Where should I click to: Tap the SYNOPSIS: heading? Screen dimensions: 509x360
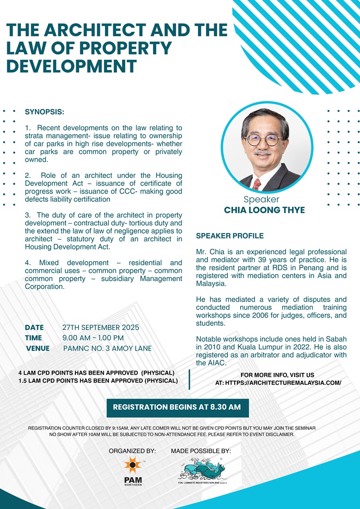click(44, 111)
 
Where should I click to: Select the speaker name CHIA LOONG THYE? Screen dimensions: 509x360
click(264, 210)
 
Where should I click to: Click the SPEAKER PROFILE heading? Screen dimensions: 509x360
click(230, 236)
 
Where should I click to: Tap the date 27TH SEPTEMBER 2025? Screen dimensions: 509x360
click(100, 327)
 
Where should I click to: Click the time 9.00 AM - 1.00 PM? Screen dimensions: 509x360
click(93, 338)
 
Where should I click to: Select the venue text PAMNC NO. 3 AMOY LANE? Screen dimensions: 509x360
click(107, 349)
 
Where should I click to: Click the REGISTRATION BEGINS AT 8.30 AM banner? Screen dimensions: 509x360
click(177, 407)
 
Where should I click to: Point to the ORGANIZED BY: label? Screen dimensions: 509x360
click(132, 451)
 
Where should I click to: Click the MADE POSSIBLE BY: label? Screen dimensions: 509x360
click(201, 451)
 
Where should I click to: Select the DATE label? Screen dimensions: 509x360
click(35, 327)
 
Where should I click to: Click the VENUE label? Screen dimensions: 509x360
click(38, 349)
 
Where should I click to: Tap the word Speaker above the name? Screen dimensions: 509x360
click(261, 200)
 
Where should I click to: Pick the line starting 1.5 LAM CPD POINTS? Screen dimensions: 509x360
click(98, 381)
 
